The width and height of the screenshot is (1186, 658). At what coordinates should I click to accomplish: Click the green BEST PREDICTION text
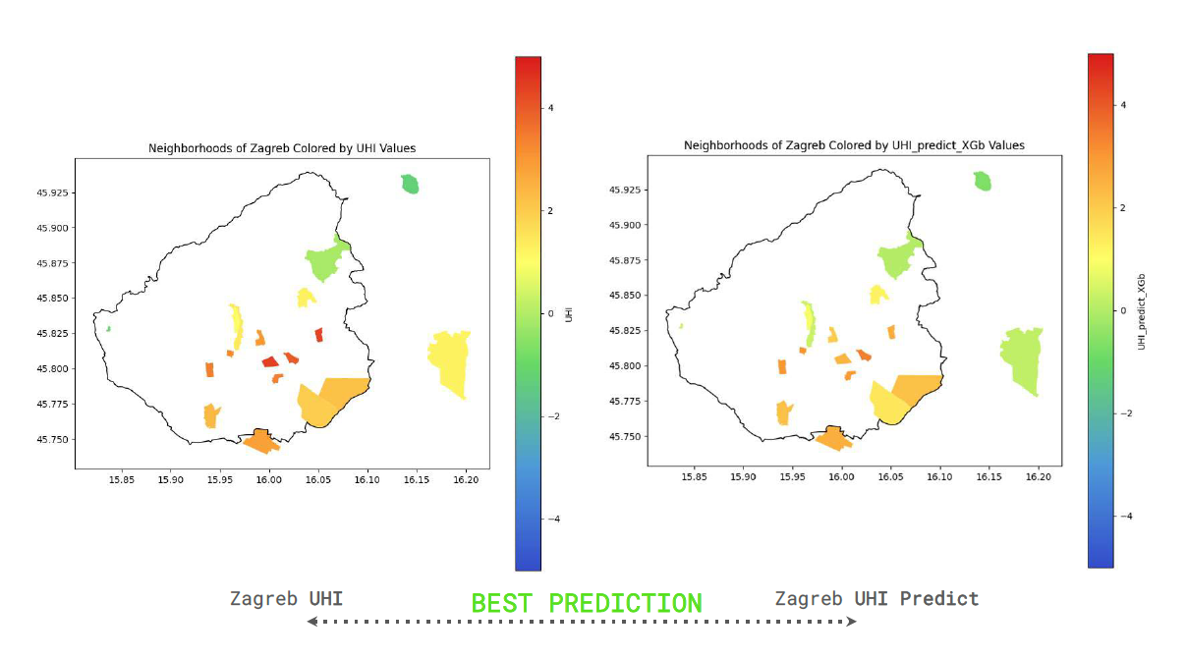point(587,602)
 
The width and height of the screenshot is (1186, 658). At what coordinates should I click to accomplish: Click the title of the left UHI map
point(282,148)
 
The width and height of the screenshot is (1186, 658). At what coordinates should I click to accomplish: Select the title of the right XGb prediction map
point(854,145)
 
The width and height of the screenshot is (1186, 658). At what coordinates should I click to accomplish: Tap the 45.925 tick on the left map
point(55,192)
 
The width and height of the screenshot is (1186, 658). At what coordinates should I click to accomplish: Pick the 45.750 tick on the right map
point(628,436)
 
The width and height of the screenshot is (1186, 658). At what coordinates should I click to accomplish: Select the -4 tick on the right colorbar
point(1124,516)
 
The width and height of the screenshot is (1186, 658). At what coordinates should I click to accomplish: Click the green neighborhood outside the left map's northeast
point(410,184)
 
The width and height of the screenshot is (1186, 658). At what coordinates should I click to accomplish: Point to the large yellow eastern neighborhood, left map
point(450,360)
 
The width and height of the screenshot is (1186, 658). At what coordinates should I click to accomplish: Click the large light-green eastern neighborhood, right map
point(1022,358)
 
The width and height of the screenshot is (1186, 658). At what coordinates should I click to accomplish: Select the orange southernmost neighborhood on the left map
point(260,441)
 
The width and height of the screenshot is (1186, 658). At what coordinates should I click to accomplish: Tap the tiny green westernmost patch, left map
point(108,328)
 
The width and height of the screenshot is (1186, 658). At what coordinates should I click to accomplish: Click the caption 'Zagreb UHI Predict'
point(876,598)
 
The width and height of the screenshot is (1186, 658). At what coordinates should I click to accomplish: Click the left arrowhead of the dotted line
point(311,621)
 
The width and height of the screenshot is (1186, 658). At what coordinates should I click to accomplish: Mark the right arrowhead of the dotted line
point(852,621)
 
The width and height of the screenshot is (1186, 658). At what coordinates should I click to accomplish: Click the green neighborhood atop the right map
point(982,181)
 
